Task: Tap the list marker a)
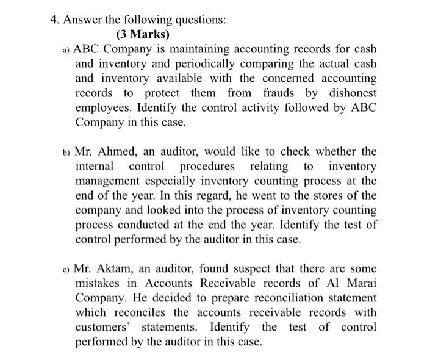click(67, 49)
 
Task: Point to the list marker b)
click(67, 152)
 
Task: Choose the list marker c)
click(67, 269)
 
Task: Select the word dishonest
click(346, 93)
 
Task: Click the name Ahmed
click(115, 151)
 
